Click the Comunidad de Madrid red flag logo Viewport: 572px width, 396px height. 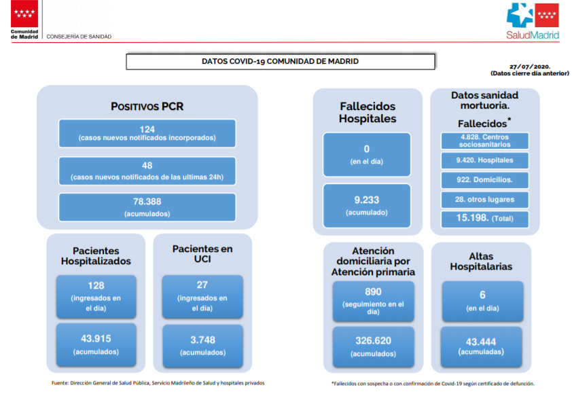[x=24, y=14]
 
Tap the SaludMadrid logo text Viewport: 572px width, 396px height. [x=532, y=35]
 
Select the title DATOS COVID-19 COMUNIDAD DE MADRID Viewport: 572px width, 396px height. [x=280, y=61]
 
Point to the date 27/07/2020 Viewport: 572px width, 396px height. [x=530, y=67]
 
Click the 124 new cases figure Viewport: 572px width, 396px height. [x=147, y=129]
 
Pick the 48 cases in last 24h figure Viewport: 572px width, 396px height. [x=147, y=166]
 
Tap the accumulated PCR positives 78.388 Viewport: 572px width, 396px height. [x=147, y=201]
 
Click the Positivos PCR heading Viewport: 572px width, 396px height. [x=147, y=107]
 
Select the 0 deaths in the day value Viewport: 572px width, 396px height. [x=367, y=149]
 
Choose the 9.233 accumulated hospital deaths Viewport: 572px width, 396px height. [x=367, y=200]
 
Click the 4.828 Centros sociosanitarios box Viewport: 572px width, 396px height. [x=485, y=141]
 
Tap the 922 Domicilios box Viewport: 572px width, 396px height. [x=485, y=180]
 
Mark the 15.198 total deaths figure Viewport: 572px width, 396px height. [x=472, y=217]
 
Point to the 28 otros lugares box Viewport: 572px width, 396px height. [x=485, y=200]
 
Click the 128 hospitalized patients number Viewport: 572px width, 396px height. [x=96, y=285]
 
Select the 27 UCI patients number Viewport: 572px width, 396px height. [x=202, y=285]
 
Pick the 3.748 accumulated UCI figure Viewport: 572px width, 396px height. [x=202, y=340]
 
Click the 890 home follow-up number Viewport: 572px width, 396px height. [x=373, y=291]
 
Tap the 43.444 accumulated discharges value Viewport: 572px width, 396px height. [x=481, y=342]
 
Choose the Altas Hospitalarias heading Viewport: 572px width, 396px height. [x=481, y=262]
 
